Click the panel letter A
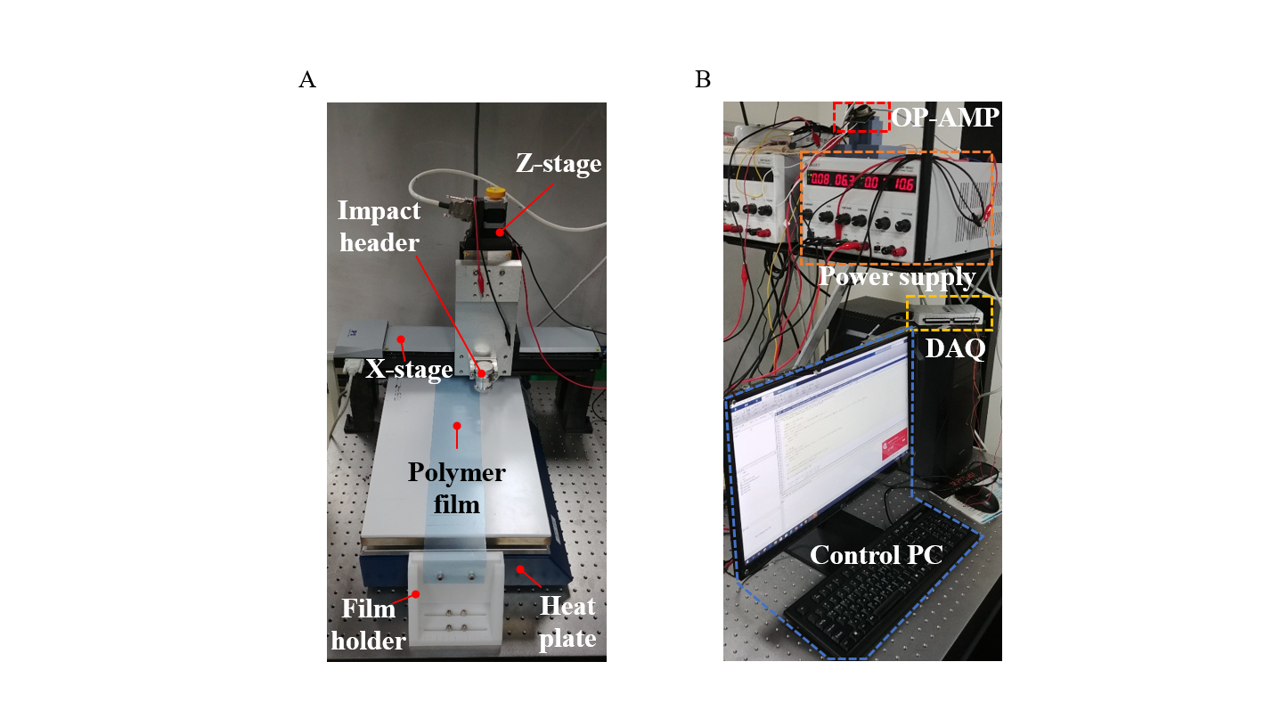[x=306, y=80]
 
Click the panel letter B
[x=703, y=80]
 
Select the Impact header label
[x=379, y=226]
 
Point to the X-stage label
[x=410, y=368]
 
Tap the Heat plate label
[x=567, y=624]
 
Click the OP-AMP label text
[x=943, y=117]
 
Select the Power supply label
[x=896, y=277]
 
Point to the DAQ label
[x=955, y=347]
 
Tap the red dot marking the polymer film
[x=456, y=427]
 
